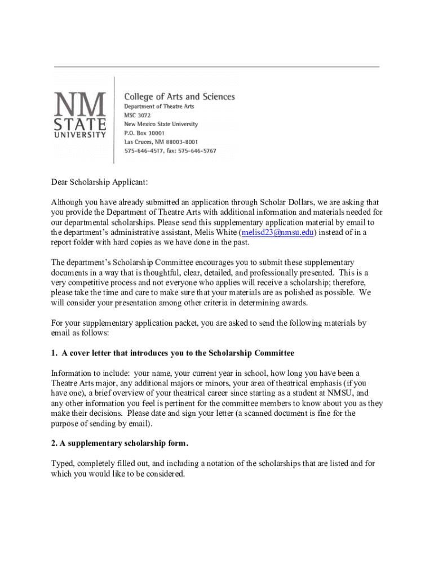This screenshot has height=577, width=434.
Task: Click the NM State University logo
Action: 79,114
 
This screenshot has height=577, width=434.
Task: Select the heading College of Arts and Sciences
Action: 179,97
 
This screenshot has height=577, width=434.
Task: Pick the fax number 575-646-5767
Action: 197,151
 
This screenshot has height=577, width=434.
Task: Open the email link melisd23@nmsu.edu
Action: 277,232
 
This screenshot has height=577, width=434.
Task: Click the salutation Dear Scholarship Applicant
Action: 100,181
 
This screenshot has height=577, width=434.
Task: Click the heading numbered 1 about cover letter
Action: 172,353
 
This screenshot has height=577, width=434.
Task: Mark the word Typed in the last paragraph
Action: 63,463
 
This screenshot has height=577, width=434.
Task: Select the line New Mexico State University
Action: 161,124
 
